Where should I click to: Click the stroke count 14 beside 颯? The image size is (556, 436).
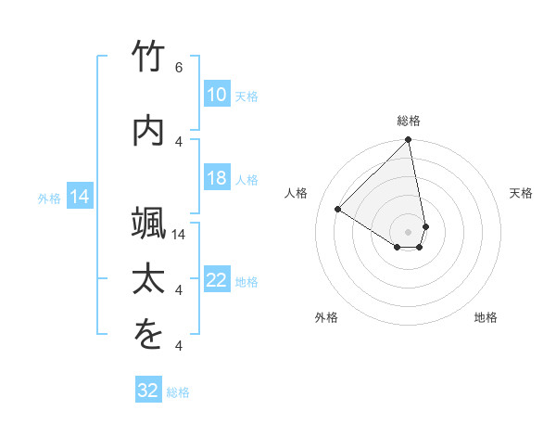pyautogui.click(x=181, y=235)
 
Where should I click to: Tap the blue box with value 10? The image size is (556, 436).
pyautogui.click(x=216, y=95)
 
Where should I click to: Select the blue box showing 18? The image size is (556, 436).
pyautogui.click(x=216, y=179)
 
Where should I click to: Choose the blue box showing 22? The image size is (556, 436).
pyautogui.click(x=216, y=281)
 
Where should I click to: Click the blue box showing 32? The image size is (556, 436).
pyautogui.click(x=148, y=391)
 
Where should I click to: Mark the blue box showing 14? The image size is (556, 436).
pyautogui.click(x=79, y=197)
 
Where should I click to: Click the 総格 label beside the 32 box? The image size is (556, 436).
pyautogui.click(x=178, y=392)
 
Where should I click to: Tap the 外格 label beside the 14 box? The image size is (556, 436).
pyautogui.click(x=49, y=198)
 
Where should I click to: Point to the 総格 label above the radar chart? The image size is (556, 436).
pyautogui.click(x=409, y=121)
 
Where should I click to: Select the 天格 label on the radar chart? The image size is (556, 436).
pyautogui.click(x=521, y=193)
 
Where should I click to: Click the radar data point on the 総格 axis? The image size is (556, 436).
pyautogui.click(x=409, y=141)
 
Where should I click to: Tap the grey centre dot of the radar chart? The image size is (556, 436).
pyautogui.click(x=409, y=231)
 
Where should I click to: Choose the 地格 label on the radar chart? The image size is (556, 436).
pyautogui.click(x=486, y=318)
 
